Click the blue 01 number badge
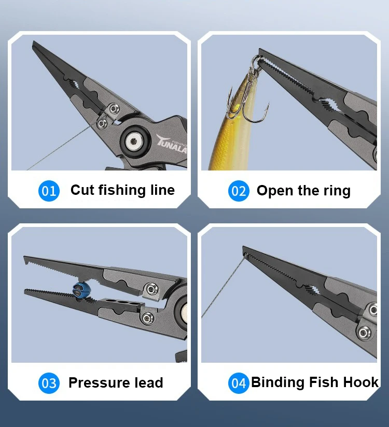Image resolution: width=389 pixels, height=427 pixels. point(49,191)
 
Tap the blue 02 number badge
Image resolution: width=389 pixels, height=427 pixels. point(239,191)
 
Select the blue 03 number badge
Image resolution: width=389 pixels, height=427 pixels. point(49,383)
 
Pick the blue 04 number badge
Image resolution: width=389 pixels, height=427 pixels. point(239,383)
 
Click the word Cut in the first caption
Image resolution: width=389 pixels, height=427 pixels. point(82,190)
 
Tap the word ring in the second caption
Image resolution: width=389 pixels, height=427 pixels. point(337,191)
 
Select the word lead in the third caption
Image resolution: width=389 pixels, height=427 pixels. point(149,382)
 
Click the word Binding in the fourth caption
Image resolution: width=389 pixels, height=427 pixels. point(278,382)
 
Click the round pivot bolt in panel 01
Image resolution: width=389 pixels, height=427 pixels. point(134,141)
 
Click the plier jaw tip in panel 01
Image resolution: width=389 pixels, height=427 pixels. point(34,42)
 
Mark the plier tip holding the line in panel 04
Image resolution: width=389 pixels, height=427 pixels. point(244,248)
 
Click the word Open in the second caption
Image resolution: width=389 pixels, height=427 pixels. point(275,191)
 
